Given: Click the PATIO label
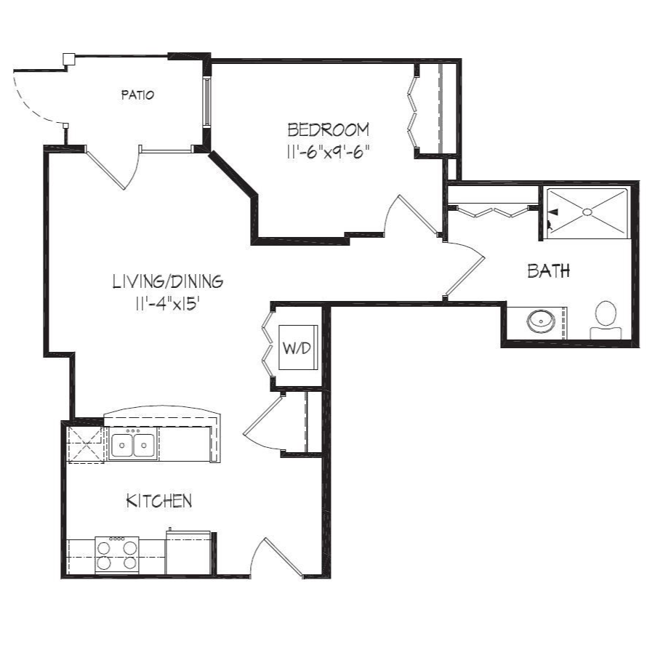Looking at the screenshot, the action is point(137,95).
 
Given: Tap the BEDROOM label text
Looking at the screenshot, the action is point(329,130).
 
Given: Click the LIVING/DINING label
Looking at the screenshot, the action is point(168,281).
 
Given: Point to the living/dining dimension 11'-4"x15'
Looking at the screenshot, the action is point(166,304).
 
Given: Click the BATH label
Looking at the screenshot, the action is point(548,271).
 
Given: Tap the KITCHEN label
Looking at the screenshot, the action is point(159,501).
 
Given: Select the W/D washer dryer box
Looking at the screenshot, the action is point(298,347).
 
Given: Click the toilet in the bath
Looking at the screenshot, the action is point(606,321).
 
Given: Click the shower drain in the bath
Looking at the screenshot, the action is point(587,212).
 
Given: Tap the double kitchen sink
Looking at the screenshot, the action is point(133,445).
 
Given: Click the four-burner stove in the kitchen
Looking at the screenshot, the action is point(117,555).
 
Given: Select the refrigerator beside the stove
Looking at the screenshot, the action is point(188,552).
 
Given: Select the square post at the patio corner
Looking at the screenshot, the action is point(68,59).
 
